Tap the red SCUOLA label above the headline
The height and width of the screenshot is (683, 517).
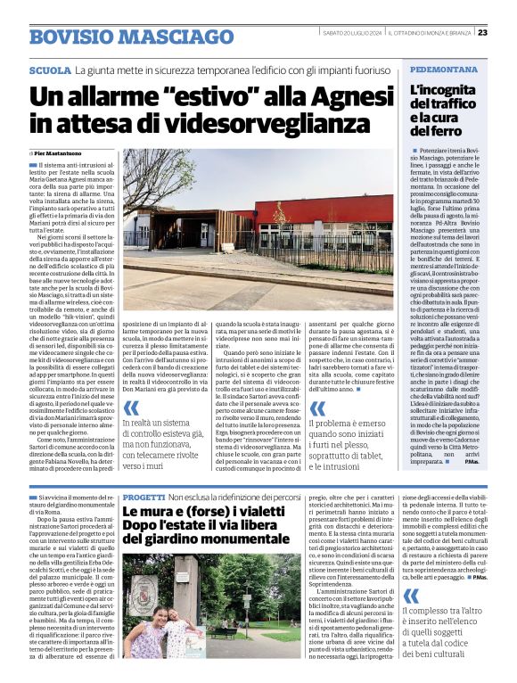(49, 70)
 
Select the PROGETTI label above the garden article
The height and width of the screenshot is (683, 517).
(143, 497)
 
